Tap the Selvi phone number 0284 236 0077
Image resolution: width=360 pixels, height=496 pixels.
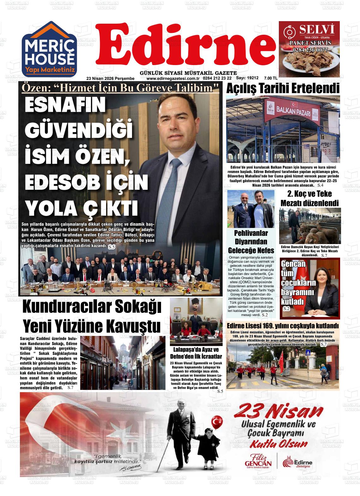309,50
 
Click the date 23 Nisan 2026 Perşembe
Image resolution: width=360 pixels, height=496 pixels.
111,78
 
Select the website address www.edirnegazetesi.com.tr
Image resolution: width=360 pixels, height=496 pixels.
172,78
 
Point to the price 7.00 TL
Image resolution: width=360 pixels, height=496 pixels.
271,78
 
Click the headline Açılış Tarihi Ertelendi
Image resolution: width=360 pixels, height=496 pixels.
283,89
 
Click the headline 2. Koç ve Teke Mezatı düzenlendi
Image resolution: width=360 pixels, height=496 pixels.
309,198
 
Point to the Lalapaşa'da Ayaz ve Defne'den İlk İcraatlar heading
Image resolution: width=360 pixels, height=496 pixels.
196,353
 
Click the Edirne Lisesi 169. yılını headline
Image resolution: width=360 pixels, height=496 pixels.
283,326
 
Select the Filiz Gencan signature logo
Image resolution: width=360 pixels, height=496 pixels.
258,462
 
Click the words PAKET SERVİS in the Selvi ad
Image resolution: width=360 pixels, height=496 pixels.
309,43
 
